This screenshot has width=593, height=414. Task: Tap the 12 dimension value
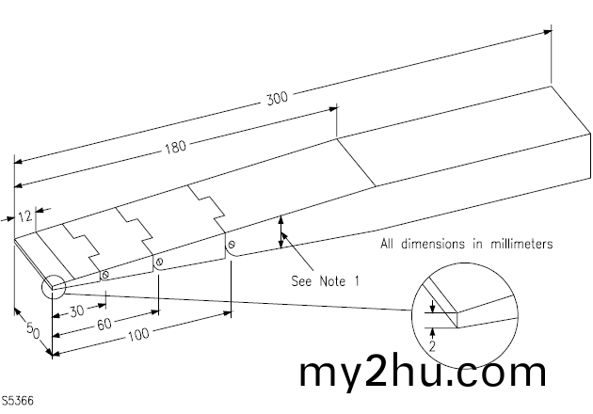click(26, 215)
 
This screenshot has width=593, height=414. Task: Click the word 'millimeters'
click(518, 244)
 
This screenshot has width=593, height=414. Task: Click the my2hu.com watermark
click(422, 372)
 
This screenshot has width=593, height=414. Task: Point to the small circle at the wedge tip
click(52, 286)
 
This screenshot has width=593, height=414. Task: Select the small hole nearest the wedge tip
click(104, 275)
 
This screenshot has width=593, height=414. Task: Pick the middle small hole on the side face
click(159, 261)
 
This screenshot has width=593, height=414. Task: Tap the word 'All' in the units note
click(389, 244)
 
